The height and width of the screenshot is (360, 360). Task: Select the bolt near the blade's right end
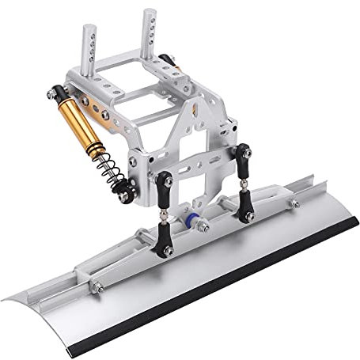[x=294, y=204]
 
